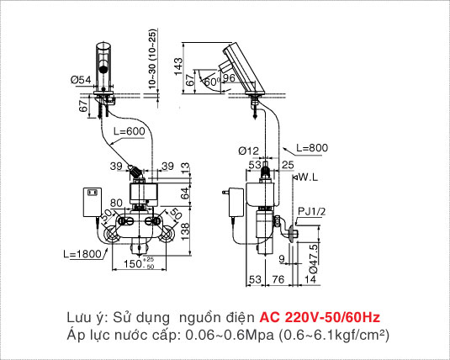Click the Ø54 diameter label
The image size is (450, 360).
[x=81, y=80]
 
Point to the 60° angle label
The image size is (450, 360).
[x=209, y=82]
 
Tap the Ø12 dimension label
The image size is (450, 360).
[x=247, y=151]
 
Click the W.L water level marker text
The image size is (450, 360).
[x=306, y=177]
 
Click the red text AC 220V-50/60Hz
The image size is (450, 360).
[x=320, y=317]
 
